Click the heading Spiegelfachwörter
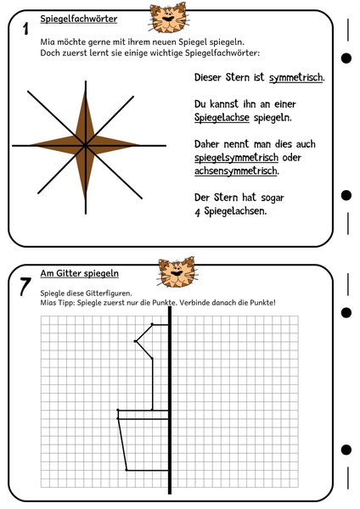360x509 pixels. (79, 19)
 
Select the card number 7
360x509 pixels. (25, 287)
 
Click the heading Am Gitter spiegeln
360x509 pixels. (79, 273)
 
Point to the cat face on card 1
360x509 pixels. (169, 18)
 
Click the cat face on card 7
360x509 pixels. (177, 272)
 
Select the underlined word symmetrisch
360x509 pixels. (296, 78)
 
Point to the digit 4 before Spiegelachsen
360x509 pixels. (197, 211)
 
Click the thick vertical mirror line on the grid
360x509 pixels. (170, 399)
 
